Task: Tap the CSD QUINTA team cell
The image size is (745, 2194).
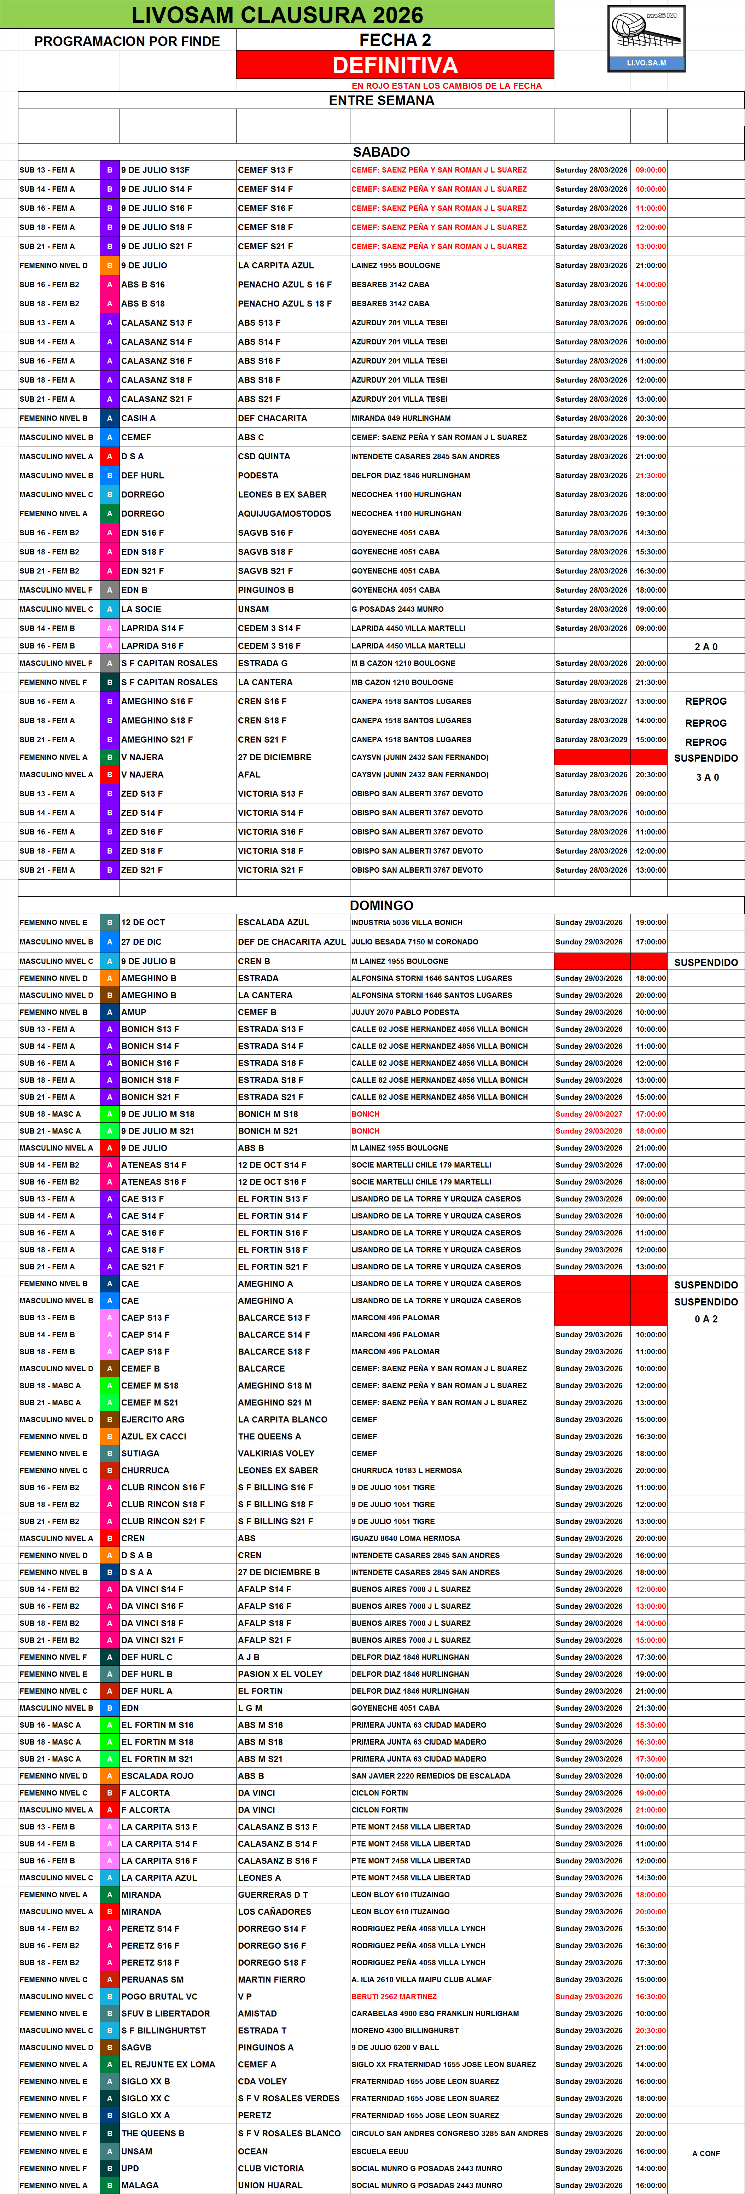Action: point(264,456)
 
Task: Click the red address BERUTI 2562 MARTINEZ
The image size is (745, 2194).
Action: point(393,1996)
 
